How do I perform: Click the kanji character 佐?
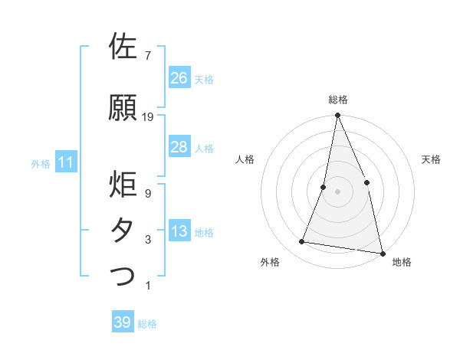pyautogui.click(x=124, y=47)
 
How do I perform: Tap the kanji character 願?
pyautogui.click(x=124, y=109)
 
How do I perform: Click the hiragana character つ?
pyautogui.click(x=124, y=276)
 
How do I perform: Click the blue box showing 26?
pyautogui.click(x=179, y=78)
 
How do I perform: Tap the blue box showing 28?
pyautogui.click(x=179, y=147)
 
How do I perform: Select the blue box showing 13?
pyautogui.click(x=179, y=232)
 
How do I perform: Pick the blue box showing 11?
pyautogui.click(x=65, y=162)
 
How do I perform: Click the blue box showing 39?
pyautogui.click(x=123, y=322)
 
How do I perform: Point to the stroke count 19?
pyautogui.click(x=148, y=117)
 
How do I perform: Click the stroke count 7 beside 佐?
pyautogui.click(x=147, y=56)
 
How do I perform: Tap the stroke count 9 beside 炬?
pyautogui.click(x=147, y=194)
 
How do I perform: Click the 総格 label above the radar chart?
pyautogui.click(x=338, y=100)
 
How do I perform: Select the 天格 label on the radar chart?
pyautogui.click(x=432, y=159)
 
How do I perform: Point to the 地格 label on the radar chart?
pyautogui.click(x=402, y=263)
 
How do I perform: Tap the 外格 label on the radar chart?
pyautogui.click(x=270, y=263)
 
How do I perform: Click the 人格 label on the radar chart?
pyautogui.click(x=245, y=159)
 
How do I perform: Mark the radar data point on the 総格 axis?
pyautogui.click(x=337, y=116)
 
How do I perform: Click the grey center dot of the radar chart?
pyautogui.click(x=337, y=191)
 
